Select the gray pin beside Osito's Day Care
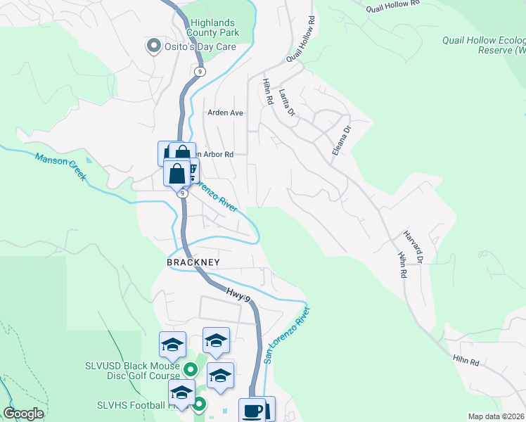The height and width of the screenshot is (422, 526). click(153, 46)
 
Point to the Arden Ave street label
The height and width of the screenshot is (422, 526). click(225, 113)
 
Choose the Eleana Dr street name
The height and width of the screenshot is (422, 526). click(341, 140)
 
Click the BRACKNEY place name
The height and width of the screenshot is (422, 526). click(193, 262)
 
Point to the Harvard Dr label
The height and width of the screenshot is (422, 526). click(412, 247)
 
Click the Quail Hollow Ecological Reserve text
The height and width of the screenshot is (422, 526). click(484, 45)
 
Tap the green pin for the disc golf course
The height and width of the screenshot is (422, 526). click(190, 369)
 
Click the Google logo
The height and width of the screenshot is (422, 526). click(23, 414)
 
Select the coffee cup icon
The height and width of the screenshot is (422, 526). click(251, 411)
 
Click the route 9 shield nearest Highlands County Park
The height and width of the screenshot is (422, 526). click(200, 72)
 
